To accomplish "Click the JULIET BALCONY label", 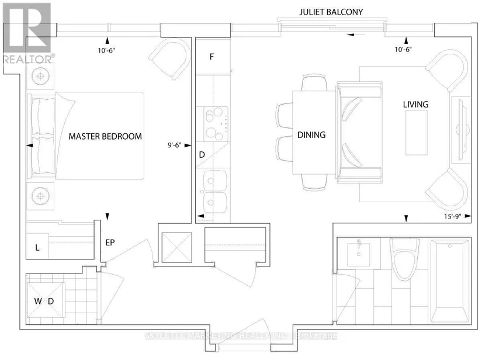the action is pyautogui.click(x=331, y=12).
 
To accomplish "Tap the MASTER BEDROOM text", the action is pyautogui.click(x=105, y=137).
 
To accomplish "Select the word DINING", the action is pyautogui.click(x=311, y=135).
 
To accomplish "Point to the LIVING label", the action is pyautogui.click(x=415, y=105).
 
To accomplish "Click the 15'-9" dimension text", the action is pyautogui.click(x=452, y=216).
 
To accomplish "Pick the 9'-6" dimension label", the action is pyautogui.click(x=174, y=145).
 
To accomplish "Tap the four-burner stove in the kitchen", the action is pyautogui.click(x=216, y=124).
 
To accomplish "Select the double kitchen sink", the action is pyautogui.click(x=215, y=191).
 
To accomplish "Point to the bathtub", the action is pyautogui.click(x=450, y=281).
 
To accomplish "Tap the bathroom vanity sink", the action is pyautogui.click(x=358, y=255).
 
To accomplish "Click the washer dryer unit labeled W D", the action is pyautogui.click(x=46, y=301).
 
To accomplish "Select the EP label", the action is pyautogui.click(x=110, y=243).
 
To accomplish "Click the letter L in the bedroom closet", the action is pyautogui.click(x=37, y=247).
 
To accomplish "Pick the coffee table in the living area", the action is pyautogui.click(x=416, y=133).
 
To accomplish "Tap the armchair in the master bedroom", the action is pyautogui.click(x=170, y=58).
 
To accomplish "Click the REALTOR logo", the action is pyautogui.click(x=27, y=33).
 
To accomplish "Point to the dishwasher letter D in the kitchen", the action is pyautogui.click(x=202, y=155).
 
